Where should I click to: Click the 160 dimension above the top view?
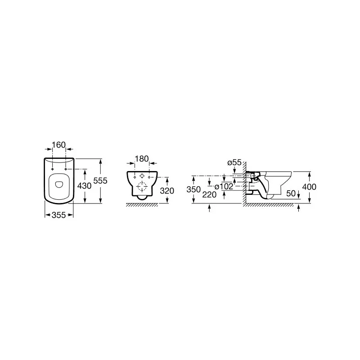(59, 145)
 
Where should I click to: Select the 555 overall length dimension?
(100, 181)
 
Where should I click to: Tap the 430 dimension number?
(84, 186)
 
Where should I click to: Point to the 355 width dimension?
(59, 215)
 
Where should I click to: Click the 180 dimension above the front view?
(142, 159)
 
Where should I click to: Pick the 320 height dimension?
(167, 190)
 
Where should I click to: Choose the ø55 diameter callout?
(234, 162)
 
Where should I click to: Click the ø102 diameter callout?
(224, 186)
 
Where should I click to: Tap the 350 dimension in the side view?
(193, 189)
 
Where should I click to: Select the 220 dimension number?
(209, 195)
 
